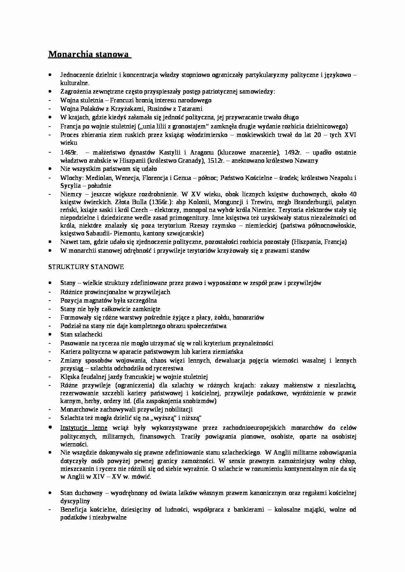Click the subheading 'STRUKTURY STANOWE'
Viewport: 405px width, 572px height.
pyautogui.click(x=86, y=267)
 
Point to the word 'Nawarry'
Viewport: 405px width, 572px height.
pyautogui.click(x=306, y=160)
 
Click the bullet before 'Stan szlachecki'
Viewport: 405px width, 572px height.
pyautogui.click(x=50, y=334)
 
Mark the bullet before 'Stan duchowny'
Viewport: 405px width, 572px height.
pyautogui.click(x=50, y=493)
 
